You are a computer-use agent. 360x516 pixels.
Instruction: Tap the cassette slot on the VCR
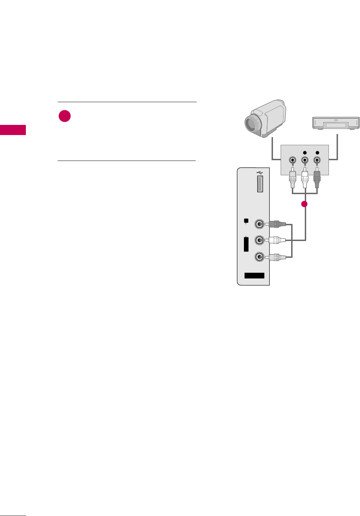point(336,125)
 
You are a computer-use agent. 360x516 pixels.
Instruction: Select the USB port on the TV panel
point(260,184)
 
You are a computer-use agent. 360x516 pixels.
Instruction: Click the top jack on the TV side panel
point(259,224)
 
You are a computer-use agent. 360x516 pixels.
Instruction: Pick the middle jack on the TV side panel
point(259,240)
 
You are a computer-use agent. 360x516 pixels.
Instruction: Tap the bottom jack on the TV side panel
point(259,257)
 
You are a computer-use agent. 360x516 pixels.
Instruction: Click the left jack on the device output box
point(293,161)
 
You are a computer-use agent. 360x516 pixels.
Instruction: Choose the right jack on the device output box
point(317,161)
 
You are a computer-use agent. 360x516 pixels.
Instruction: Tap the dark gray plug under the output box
point(317,179)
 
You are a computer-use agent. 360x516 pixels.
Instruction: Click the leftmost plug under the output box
point(293,179)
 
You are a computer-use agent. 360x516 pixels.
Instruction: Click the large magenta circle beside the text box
point(65,116)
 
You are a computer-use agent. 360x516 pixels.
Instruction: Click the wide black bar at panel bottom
point(254,276)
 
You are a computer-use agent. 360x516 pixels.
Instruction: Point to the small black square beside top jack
point(246,220)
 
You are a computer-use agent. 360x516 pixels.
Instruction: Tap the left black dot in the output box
point(305,153)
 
